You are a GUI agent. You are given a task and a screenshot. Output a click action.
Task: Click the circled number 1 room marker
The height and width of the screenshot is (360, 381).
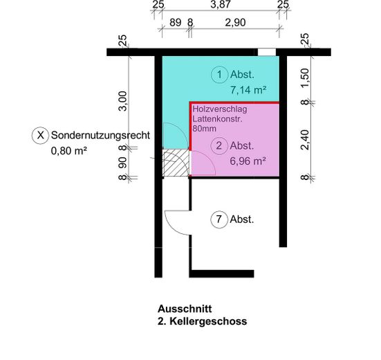(x=219, y=75)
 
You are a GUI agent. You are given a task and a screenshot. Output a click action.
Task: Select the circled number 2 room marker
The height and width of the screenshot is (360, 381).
(x=219, y=146)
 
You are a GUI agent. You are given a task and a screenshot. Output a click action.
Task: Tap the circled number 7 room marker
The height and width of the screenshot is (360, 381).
(x=219, y=220)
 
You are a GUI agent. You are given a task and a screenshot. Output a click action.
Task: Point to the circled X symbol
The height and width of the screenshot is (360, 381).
(x=41, y=135)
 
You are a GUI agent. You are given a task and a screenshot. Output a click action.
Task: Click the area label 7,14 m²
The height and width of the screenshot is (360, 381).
(x=248, y=90)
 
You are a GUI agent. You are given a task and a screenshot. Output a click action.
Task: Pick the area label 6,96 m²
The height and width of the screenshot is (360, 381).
(x=248, y=161)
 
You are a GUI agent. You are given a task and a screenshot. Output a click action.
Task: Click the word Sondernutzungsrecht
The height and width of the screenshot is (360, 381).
(x=101, y=135)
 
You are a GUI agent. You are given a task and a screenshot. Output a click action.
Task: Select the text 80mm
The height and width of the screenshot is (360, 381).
(x=205, y=128)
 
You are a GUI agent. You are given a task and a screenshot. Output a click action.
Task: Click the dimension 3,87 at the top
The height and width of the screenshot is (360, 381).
(x=221, y=5)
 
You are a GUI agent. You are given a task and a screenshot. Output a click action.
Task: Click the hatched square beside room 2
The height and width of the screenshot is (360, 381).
(x=176, y=163)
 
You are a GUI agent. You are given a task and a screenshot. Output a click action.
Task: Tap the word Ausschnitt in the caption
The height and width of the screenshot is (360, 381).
(x=184, y=309)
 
